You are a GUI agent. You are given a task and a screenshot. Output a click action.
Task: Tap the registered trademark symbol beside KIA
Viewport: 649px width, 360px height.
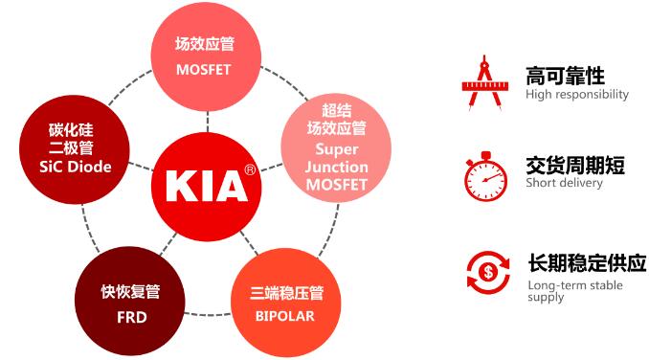(250, 169)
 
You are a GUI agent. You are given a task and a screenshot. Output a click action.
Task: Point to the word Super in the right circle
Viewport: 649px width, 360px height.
(336, 149)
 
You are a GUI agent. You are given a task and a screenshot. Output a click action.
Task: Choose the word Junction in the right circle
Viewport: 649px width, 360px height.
(336, 167)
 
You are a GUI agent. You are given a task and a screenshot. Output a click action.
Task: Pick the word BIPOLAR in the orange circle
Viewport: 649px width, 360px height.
(284, 314)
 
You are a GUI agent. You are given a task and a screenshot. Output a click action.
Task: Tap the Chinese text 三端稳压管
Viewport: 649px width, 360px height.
(284, 292)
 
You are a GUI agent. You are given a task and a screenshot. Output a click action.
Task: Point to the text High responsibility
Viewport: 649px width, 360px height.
(577, 95)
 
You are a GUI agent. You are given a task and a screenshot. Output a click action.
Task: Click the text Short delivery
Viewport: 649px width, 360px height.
(565, 183)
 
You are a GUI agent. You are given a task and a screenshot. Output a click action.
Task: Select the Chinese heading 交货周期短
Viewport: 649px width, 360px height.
(574, 165)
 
